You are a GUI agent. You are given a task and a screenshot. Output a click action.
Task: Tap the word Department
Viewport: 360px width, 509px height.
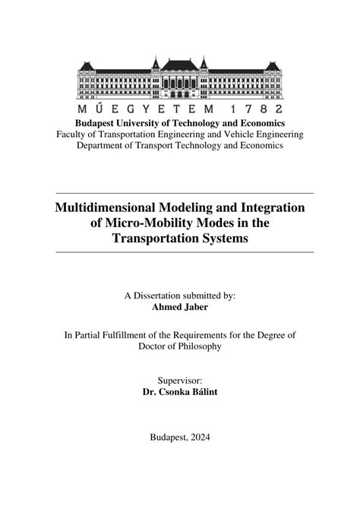click(104, 146)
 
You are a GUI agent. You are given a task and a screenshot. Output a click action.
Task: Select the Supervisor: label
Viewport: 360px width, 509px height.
click(180, 381)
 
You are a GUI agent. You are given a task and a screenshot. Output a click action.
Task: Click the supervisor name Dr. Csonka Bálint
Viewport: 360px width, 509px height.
click(180, 394)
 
